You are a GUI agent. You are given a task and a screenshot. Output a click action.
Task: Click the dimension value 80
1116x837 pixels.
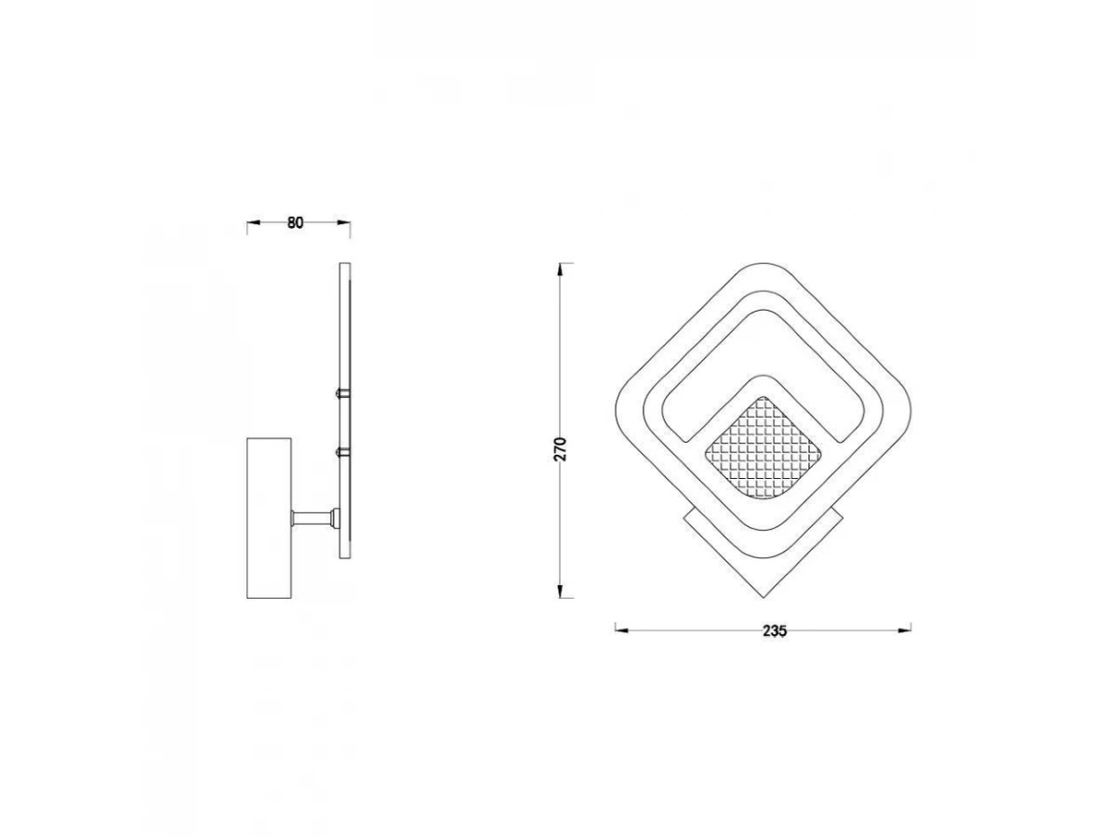295,222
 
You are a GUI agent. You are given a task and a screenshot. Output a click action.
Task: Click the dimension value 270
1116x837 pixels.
559,449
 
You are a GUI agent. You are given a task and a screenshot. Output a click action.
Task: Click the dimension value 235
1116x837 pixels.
775,631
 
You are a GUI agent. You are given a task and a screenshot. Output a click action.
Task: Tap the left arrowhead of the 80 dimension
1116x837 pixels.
254,222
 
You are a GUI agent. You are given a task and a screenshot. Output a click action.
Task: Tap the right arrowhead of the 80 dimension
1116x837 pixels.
344,222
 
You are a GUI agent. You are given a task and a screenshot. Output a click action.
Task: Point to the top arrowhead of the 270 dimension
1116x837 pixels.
560,270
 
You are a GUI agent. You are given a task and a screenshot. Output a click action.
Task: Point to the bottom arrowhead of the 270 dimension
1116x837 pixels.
560,591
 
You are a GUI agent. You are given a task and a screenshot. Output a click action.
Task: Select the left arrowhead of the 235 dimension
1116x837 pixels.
622,631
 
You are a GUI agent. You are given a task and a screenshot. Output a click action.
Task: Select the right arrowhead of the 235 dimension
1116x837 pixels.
905,631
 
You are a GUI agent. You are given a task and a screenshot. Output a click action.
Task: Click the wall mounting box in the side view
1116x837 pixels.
269,518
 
